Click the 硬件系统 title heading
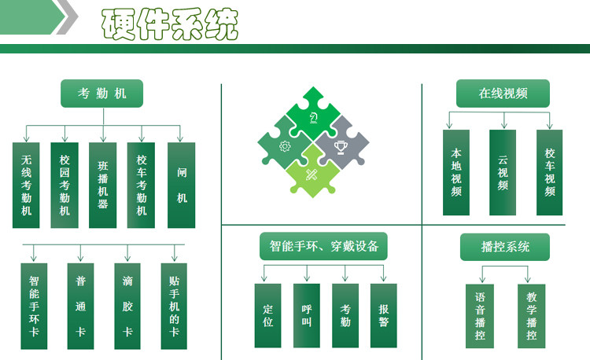coord(168,25)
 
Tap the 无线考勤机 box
coord(26,186)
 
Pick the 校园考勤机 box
coord(65,186)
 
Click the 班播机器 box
coord(103,186)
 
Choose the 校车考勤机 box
coord(142,186)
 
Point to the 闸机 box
coord(182,186)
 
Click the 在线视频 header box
coord(503,94)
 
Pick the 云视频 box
coord(503,173)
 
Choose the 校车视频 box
coord(550,173)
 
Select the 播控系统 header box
coord(504,247)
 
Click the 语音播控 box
coord(480,316)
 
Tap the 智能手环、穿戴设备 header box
coord(324,247)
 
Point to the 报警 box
coord(383,316)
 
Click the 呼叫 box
coord(307,316)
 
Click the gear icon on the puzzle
coord(285,145)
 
